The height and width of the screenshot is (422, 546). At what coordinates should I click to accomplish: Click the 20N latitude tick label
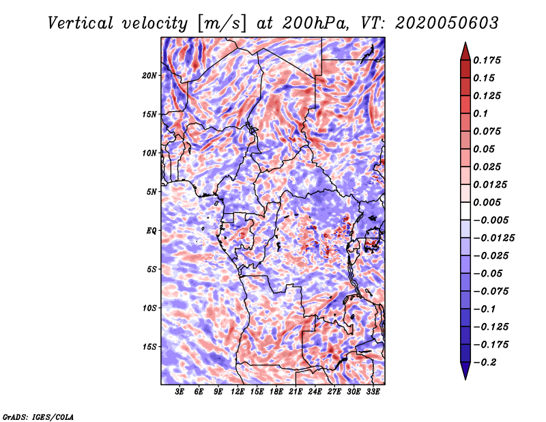(149, 75)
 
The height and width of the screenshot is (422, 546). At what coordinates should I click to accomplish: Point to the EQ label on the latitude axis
(151, 230)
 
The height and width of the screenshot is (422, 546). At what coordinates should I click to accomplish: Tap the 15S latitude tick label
(149, 347)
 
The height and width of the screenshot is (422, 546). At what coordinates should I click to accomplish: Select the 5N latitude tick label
(152, 192)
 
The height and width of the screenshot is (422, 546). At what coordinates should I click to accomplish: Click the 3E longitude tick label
(179, 392)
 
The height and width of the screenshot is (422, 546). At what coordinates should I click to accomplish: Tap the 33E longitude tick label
(373, 392)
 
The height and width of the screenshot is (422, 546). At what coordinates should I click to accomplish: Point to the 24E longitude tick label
(315, 392)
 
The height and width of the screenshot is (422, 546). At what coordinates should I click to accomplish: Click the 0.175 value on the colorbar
(487, 60)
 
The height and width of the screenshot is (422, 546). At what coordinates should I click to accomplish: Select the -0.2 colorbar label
(485, 363)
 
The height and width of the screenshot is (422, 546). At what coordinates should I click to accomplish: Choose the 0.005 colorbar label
(487, 202)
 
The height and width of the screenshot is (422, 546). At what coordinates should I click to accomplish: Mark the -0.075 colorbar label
(491, 292)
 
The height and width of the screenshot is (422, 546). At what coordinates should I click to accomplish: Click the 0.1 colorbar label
(480, 113)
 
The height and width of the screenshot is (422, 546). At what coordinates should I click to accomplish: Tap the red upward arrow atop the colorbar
(465, 52)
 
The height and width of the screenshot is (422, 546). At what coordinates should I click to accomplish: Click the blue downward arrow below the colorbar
(465, 370)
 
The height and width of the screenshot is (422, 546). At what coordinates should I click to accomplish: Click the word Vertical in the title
(81, 23)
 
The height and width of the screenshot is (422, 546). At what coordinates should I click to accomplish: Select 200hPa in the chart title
(315, 23)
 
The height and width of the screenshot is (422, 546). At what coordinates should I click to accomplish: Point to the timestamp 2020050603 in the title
(447, 23)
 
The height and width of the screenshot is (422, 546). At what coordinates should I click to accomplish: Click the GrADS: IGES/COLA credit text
(38, 417)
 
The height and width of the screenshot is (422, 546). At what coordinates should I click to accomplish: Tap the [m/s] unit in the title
(222, 23)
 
